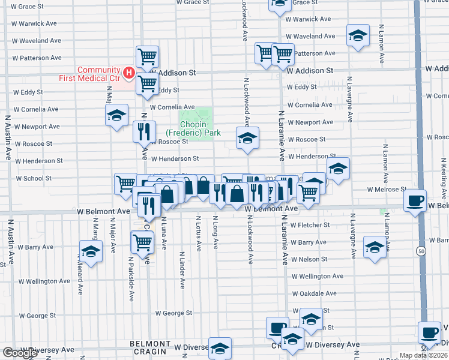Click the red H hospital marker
click(128, 73)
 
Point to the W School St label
click(34, 178)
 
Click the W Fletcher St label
click(310, 225)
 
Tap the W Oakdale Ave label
click(315, 293)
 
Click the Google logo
click(20, 353)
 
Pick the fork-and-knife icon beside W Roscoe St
click(144, 131)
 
